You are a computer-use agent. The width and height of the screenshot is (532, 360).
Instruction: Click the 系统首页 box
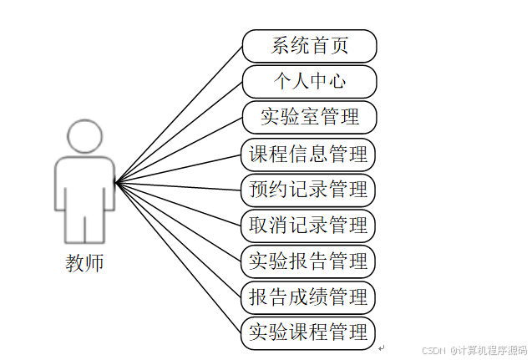point(309,46)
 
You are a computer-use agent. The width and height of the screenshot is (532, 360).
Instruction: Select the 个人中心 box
point(309,81)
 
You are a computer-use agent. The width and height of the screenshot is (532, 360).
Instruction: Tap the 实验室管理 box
point(309,117)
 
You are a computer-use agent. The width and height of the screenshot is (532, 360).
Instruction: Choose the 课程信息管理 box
point(307,155)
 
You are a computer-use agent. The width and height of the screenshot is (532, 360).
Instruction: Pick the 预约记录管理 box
point(307,190)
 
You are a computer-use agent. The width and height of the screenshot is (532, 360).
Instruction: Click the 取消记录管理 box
point(307,226)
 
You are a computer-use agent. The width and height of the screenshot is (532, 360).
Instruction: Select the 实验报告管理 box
point(307,261)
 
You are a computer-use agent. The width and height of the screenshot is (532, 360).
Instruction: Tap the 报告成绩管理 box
point(307,297)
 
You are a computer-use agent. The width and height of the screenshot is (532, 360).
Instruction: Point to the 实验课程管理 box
point(307,332)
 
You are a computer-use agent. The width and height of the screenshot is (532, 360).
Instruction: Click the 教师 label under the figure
point(84,262)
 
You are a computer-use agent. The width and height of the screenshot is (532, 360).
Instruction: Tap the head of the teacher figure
point(84,137)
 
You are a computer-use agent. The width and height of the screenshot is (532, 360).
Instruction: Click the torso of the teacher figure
point(84,184)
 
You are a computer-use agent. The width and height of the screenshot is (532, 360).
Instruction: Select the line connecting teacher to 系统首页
point(179,113)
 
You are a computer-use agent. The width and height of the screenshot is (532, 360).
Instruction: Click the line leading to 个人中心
point(179,130)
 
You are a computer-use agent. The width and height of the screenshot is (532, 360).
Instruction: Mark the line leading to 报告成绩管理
point(179,240)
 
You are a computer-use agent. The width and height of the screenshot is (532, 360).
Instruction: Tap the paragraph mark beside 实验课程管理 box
point(381,347)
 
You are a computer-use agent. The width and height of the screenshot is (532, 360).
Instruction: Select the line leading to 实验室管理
point(179,149)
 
